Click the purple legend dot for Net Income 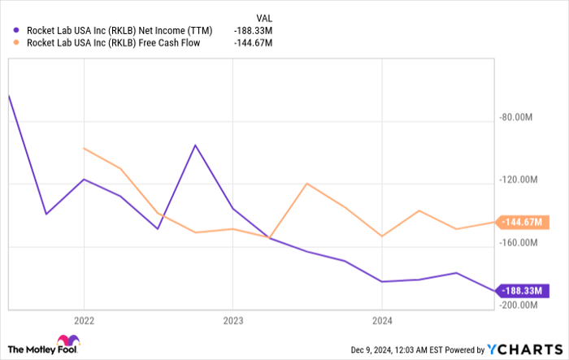pyautogui.click(x=19, y=31)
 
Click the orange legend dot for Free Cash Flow pyautogui.click(x=19, y=44)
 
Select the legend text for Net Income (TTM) pyautogui.click(x=119, y=31)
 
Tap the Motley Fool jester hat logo pyautogui.click(x=67, y=343)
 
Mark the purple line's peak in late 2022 pyautogui.click(x=195, y=145)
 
